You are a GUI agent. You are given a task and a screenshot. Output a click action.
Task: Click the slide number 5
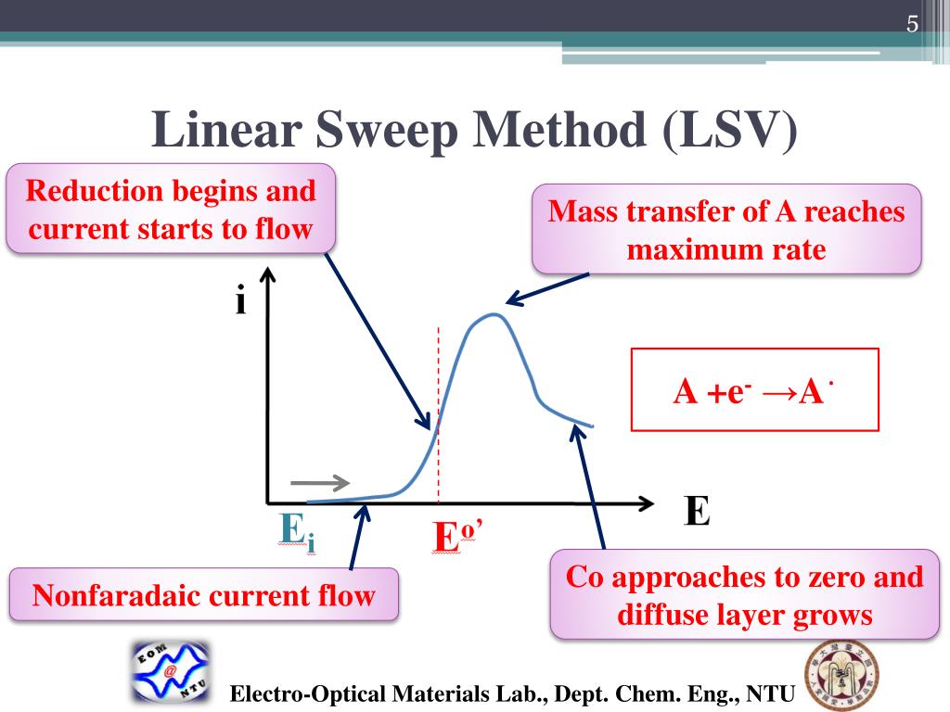[x=912, y=24]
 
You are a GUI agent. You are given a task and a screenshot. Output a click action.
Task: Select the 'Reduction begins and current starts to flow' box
[x=171, y=209]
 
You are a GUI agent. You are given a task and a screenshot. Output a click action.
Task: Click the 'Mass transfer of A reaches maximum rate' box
[x=726, y=229]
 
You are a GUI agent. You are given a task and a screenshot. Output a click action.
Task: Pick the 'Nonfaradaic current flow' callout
[x=204, y=594]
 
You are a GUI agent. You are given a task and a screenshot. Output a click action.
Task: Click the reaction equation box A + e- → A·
[x=753, y=390]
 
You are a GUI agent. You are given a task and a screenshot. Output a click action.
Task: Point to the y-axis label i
[x=240, y=301]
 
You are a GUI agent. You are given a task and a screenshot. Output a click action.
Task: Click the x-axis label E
[x=697, y=511]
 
